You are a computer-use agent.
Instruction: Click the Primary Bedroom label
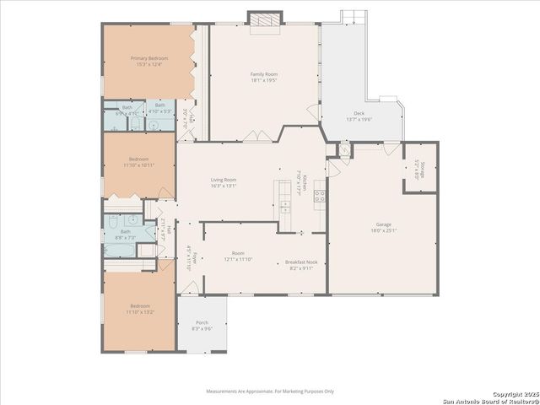(149, 62)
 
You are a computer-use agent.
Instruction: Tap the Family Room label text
(264, 78)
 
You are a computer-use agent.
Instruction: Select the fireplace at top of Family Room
(261, 18)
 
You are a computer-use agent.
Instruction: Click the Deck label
(359, 116)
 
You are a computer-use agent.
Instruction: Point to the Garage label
(383, 227)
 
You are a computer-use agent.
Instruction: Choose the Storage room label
(419, 171)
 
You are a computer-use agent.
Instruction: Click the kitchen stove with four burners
(320, 197)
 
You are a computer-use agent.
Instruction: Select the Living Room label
(224, 182)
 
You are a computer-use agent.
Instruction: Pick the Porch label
(202, 325)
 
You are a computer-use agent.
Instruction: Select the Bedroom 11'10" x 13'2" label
(139, 309)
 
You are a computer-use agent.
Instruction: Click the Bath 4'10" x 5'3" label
(159, 109)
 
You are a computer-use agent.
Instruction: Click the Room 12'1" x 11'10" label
(239, 257)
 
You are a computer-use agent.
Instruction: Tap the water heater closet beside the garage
(344, 150)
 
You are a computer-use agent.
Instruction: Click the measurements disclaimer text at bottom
(270, 391)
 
